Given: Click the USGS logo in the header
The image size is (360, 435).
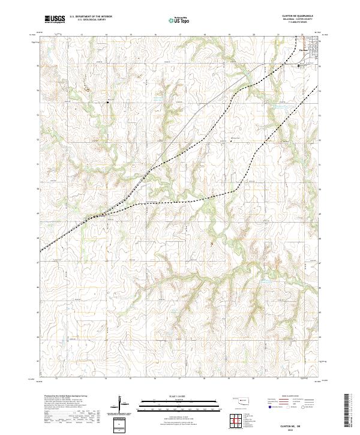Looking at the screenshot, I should click(x=55, y=19).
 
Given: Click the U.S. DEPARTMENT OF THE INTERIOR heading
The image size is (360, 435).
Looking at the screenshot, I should click(x=91, y=16).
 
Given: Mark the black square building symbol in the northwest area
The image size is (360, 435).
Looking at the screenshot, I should click(x=108, y=103).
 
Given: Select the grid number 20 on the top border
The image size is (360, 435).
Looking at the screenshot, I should click(x=254, y=35).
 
